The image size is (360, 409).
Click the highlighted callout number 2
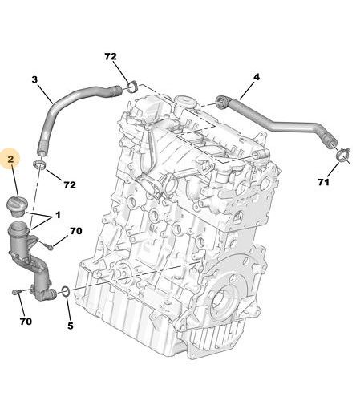(10, 160)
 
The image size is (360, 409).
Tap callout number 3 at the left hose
(34, 79)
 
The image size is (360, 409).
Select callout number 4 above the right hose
(257, 77)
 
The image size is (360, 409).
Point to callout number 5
(70, 326)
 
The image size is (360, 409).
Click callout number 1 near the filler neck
(58, 215)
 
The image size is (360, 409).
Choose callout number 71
(323, 182)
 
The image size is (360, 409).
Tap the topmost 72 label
(111, 56)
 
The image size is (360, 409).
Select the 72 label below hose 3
(70, 184)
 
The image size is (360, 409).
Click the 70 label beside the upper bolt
(76, 231)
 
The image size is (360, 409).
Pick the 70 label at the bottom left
(26, 322)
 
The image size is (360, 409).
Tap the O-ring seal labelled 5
(66, 291)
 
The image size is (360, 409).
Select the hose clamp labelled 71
(342, 156)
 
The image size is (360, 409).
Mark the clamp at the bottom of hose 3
(39, 165)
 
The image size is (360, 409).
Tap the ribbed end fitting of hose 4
(223, 103)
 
